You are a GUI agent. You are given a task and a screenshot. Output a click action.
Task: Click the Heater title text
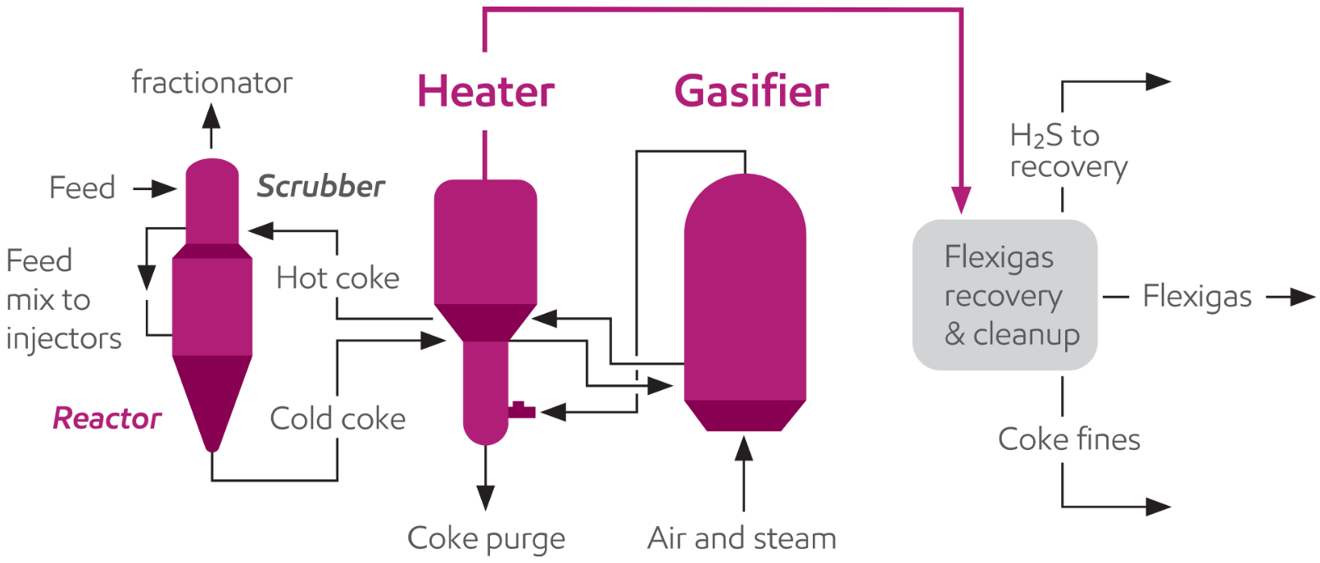point(486,91)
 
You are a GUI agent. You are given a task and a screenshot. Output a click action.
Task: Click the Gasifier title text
point(751,91)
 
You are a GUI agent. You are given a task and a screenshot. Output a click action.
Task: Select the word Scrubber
point(320,187)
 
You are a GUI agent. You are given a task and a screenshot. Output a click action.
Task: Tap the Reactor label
point(107,419)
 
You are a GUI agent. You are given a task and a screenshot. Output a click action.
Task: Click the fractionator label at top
point(211,83)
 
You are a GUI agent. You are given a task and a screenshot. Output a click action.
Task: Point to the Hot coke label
point(338,279)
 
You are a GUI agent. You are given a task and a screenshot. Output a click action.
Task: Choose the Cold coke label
point(338,419)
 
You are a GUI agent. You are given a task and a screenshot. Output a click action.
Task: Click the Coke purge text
point(486,538)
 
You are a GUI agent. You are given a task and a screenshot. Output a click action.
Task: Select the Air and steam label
point(742,538)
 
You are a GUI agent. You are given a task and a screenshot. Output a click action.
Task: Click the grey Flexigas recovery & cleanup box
point(1005,295)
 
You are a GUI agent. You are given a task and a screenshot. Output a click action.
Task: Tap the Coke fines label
point(1068,439)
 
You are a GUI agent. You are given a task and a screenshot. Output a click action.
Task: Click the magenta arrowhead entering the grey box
point(961,201)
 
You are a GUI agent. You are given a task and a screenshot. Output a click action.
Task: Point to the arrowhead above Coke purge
point(486,497)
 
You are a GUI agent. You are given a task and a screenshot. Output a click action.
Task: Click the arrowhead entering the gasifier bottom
point(744,448)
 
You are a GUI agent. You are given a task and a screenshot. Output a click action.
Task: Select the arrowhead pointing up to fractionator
point(211,116)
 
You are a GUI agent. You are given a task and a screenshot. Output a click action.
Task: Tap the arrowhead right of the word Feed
point(166,189)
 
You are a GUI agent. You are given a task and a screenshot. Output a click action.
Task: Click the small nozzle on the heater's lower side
point(521,411)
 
